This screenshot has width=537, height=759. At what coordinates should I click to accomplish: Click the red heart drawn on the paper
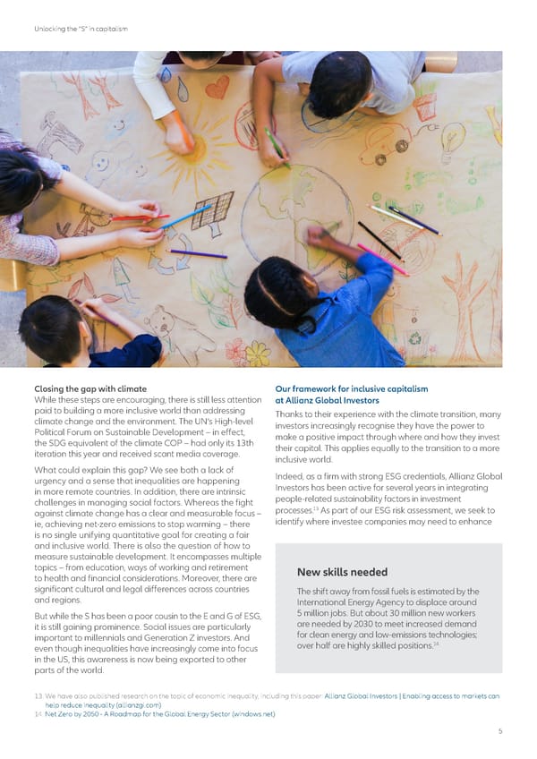pos(217,87)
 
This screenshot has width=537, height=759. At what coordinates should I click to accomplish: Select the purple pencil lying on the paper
pos(197,254)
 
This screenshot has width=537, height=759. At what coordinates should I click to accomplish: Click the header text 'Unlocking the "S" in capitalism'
pos(81,29)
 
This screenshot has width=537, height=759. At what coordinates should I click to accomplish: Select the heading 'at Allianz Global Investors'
pos(328,400)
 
